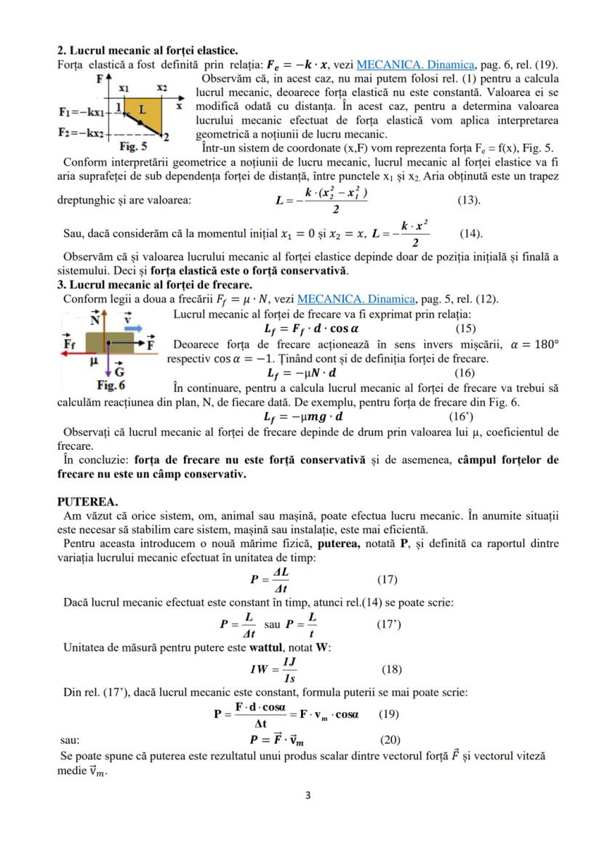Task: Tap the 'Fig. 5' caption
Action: click(136, 145)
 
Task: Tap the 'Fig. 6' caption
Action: click(111, 384)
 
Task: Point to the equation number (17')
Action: click(388, 624)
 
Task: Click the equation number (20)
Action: click(390, 740)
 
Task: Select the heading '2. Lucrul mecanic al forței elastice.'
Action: click(147, 51)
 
